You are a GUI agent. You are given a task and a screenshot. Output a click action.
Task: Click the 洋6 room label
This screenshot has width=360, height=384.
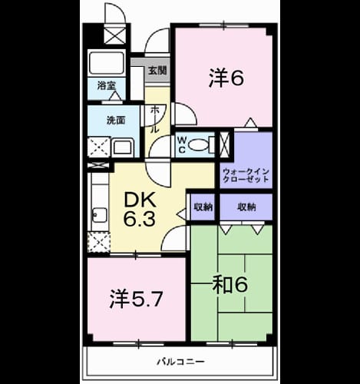[x=226, y=78]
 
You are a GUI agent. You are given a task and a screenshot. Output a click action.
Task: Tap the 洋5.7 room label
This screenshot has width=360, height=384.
[x=136, y=299]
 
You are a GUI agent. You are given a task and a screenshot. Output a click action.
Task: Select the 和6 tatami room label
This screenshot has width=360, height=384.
[x=230, y=285]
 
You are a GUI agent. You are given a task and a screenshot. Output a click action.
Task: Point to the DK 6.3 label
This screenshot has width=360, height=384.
[x=140, y=209]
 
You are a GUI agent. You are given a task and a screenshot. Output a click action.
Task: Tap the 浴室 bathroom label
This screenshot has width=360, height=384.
[x=107, y=86]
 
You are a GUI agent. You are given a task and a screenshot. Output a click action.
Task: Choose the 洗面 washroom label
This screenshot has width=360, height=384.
[x=116, y=121]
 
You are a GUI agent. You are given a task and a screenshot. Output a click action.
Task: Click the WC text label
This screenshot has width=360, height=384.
[x=182, y=145]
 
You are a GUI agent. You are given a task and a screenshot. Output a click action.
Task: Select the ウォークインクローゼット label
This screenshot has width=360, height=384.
[x=246, y=175]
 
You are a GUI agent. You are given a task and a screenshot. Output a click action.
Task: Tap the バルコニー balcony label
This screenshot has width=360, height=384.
[x=180, y=362]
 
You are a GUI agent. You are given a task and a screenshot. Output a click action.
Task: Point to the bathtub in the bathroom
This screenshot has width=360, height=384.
[x=106, y=63]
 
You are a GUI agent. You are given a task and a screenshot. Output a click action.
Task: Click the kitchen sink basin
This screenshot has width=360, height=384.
[x=100, y=214]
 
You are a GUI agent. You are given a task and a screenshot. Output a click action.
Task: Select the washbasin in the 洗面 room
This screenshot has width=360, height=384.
[x=122, y=147]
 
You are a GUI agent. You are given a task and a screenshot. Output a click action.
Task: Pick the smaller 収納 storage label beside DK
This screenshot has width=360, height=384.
[x=203, y=207]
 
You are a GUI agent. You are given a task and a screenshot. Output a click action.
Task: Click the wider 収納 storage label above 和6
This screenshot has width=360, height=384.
[x=246, y=207]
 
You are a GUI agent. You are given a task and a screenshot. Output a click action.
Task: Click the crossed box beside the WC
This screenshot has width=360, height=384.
[x=225, y=144]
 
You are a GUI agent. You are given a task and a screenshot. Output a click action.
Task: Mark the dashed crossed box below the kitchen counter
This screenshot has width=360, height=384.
[x=99, y=242]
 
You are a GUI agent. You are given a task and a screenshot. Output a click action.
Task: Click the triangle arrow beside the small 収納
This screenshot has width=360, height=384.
[x=181, y=214]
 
